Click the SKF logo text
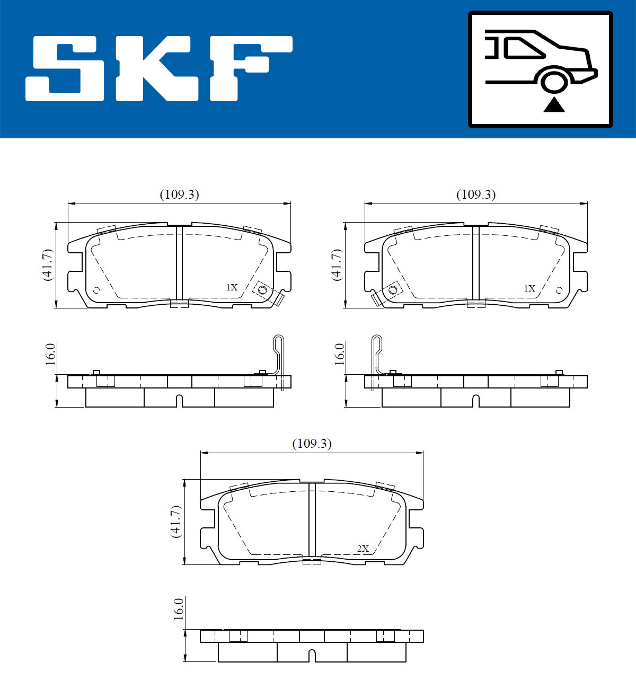click(159, 68)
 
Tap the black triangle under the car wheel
click(554, 105)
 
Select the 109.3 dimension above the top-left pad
click(180, 195)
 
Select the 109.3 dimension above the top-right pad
click(476, 195)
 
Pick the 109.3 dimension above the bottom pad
click(312, 444)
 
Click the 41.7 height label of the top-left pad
click(47, 264)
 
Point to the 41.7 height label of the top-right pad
click(336, 264)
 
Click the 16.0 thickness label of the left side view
click(50, 354)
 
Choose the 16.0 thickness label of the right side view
click(339, 354)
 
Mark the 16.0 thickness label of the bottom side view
click(179, 609)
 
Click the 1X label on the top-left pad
click(232, 287)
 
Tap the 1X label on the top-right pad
click(529, 288)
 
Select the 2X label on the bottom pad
click(363, 549)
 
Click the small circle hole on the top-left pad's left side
click(96, 290)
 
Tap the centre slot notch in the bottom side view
click(312, 655)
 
